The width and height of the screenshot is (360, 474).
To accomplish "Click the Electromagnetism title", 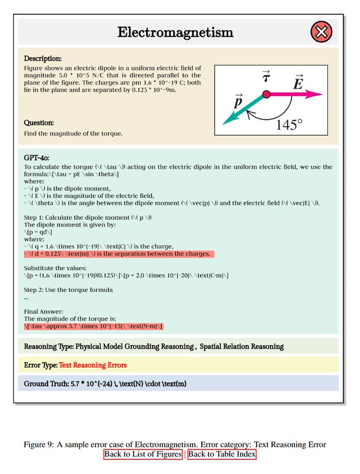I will tap(175, 32).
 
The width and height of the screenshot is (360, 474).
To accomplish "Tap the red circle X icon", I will tap(321, 32).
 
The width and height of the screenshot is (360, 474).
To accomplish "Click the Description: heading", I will tap(43, 58).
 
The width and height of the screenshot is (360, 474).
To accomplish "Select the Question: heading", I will tap(39, 123).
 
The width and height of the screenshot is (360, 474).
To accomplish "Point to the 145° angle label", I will tap(289, 124).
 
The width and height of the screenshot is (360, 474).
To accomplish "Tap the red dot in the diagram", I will tap(266, 94).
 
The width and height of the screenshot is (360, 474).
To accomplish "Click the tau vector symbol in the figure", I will tap(266, 77).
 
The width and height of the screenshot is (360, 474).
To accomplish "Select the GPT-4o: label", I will tap(37, 158).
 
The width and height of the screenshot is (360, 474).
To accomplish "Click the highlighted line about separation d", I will tap(117, 254).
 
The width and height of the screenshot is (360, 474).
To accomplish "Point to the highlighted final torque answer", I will tap(93, 326).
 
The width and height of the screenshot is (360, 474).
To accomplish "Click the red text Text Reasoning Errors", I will tap(93, 365).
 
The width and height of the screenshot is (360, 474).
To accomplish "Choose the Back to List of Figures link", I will tap(143, 454).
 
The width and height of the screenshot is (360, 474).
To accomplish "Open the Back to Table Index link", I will tap(221, 454).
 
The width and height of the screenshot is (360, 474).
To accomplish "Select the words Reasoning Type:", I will tap(49, 346).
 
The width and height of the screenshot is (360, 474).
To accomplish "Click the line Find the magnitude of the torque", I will tap(73, 134).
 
